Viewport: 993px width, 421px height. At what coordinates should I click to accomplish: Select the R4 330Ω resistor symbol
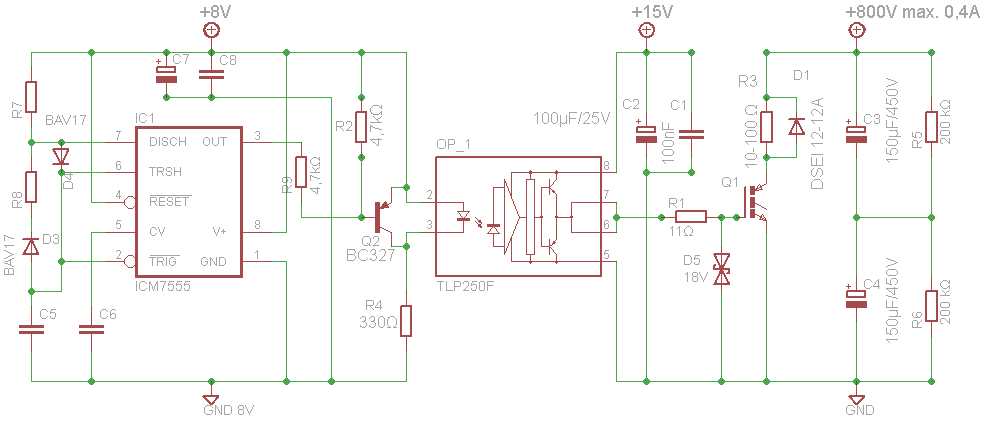click(x=407, y=321)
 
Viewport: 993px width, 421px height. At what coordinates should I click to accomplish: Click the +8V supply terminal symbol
click(x=211, y=30)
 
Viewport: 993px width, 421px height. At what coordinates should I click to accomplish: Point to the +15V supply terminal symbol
click(x=646, y=30)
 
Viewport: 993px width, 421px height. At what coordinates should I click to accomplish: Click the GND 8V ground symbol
click(x=211, y=400)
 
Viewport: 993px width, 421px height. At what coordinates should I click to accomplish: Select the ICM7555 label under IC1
click(x=163, y=287)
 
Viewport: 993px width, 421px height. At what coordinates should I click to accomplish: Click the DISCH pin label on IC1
click(x=168, y=142)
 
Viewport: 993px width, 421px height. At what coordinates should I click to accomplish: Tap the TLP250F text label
click(x=464, y=287)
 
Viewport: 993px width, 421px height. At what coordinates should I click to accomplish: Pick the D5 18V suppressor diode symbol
click(x=722, y=269)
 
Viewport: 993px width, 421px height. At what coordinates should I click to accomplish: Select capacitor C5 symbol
click(x=31, y=329)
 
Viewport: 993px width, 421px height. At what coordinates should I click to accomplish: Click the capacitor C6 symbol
click(x=92, y=329)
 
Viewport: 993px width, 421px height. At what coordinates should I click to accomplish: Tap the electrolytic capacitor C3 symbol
click(x=856, y=134)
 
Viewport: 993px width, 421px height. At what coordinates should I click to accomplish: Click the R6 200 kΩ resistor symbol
click(x=932, y=306)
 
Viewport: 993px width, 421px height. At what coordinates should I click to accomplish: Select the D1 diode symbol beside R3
click(x=795, y=127)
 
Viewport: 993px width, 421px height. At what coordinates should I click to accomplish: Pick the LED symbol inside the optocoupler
click(x=464, y=217)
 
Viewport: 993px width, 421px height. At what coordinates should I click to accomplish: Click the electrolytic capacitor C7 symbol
click(x=166, y=73)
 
